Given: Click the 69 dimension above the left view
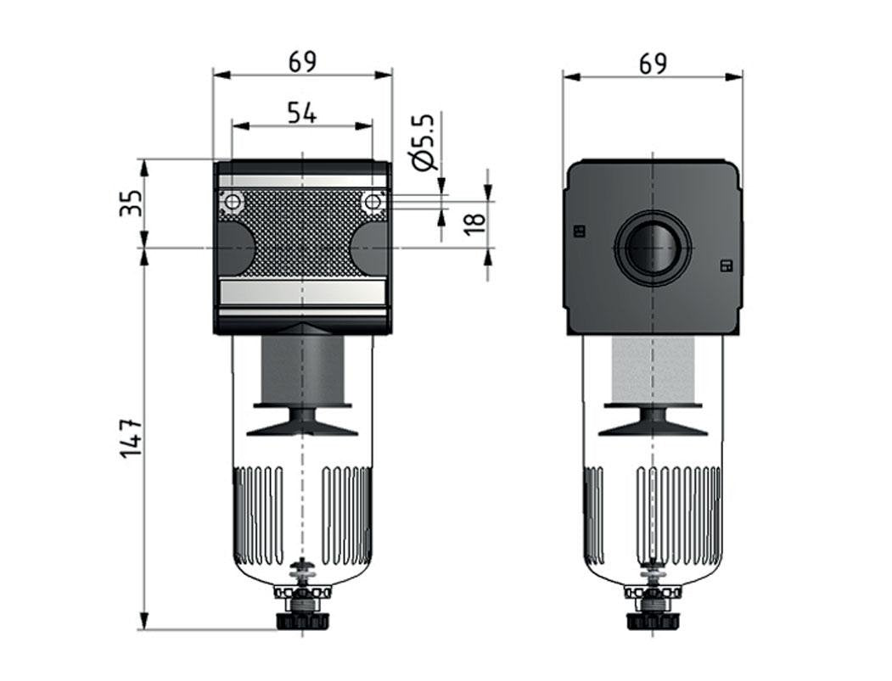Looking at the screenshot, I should (302, 62).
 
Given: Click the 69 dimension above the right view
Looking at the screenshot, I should (653, 64).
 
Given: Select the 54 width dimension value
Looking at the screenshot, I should (301, 113).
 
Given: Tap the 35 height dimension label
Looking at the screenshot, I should (131, 204).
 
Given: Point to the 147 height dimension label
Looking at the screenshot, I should (131, 438).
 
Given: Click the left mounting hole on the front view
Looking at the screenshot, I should (232, 202).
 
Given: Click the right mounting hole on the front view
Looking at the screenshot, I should (372, 202).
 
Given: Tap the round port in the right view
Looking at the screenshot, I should (652, 248).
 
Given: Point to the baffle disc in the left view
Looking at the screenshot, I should (302, 421).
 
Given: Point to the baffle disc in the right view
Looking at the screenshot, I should (652, 421).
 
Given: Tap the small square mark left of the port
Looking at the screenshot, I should (581, 230).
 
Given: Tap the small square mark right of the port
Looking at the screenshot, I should (726, 266).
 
